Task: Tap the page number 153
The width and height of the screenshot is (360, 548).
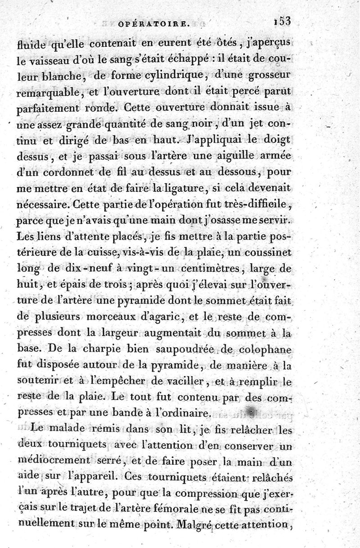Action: [281, 20]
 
